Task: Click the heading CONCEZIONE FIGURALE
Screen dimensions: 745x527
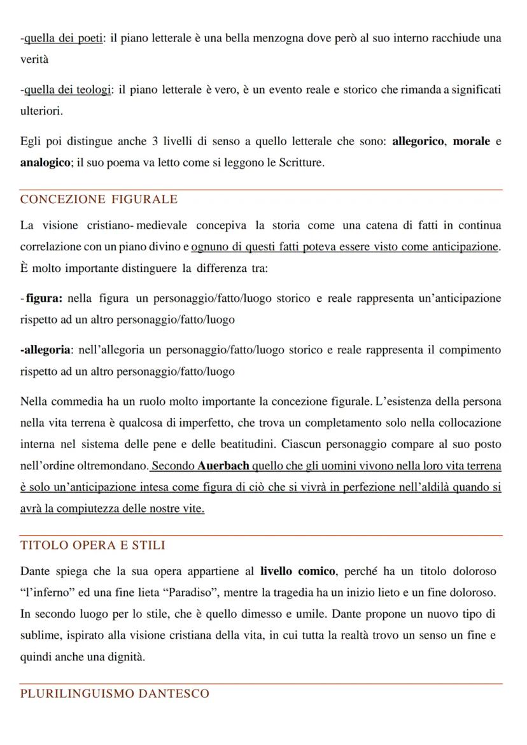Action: click(99, 199)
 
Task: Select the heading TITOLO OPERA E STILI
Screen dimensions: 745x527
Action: click(92, 545)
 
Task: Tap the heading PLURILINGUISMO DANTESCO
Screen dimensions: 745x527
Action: click(115, 693)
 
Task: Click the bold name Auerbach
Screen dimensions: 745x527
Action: click(223, 465)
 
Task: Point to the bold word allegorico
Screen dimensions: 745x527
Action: click(418, 141)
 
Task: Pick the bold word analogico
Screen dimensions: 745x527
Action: click(45, 162)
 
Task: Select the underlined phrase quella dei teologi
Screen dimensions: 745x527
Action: click(66, 90)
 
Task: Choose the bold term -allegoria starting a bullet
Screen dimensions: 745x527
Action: click(46, 350)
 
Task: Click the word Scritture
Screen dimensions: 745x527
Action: click(302, 162)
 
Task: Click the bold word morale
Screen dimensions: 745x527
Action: click(471, 141)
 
